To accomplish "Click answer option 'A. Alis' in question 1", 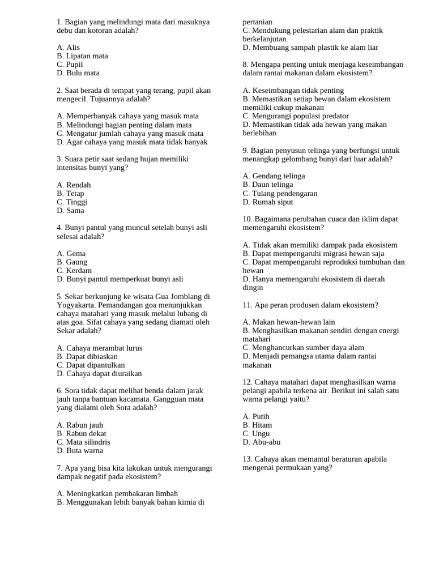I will tap(69, 48).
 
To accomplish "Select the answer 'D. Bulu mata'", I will tap(78, 73).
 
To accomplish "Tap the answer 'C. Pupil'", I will tap(70, 65).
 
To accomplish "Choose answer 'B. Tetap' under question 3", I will tap(70, 193).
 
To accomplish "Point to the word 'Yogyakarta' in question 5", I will tap(75, 305).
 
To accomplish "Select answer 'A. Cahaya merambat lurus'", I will tap(100, 348).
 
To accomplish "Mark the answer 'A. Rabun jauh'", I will tap(80, 425).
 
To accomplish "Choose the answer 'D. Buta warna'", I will tap(80, 451).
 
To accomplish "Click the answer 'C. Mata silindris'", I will tap(84, 442).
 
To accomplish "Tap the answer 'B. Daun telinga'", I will tap(268, 185).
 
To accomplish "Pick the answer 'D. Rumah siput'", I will tap(268, 202).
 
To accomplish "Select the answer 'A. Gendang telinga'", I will tap(274, 176).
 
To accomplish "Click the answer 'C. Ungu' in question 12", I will tap(257, 433).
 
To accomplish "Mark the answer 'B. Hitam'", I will tap(257, 425).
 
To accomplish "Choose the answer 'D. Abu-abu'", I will tap(262, 442).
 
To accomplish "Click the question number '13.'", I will tap(247, 459).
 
